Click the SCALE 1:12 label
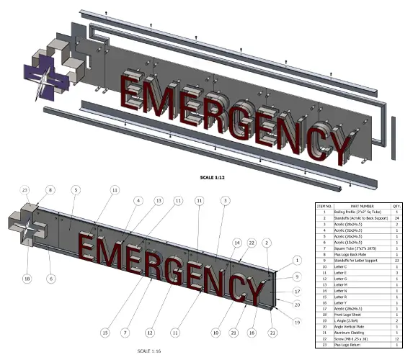tap(220, 175)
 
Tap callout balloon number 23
tap(25, 190)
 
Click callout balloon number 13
tap(159, 202)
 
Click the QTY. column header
tap(396, 205)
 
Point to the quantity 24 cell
tap(396, 220)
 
